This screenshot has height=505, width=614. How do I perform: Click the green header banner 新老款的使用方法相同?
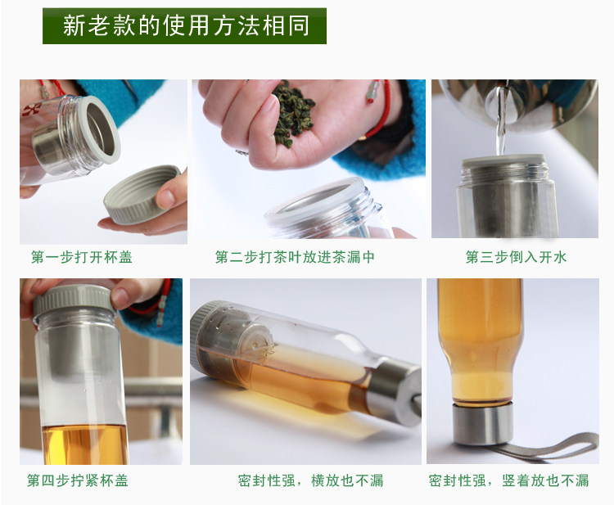pos(184,26)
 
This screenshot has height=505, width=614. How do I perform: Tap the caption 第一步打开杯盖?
pos(82,257)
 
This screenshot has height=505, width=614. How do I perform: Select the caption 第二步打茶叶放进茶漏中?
pos(295,257)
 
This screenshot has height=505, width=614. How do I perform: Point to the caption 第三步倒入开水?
pos(516,257)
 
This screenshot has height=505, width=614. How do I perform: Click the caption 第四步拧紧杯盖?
pos(78,480)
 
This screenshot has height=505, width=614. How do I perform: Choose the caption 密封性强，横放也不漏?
pos(310,480)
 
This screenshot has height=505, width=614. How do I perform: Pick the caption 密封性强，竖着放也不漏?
pos(508,480)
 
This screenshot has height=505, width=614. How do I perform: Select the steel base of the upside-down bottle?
pos(482,425)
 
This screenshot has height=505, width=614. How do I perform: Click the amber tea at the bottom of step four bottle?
pos(84,444)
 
